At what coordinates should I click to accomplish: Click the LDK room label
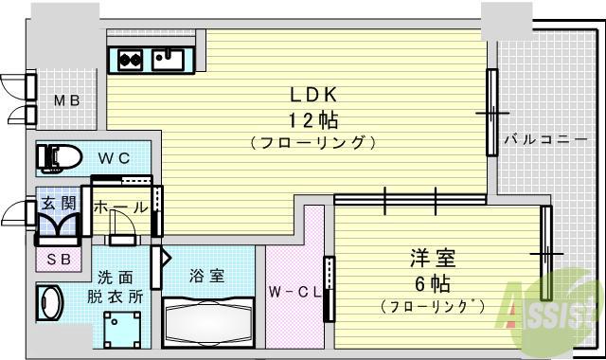coord(313,96)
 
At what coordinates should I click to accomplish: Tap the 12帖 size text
coord(313,120)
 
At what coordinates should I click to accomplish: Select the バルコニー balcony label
coord(539,139)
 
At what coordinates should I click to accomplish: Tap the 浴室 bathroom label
coord(206,277)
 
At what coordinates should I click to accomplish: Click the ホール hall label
coord(119,206)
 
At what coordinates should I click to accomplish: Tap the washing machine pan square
coord(123,328)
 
